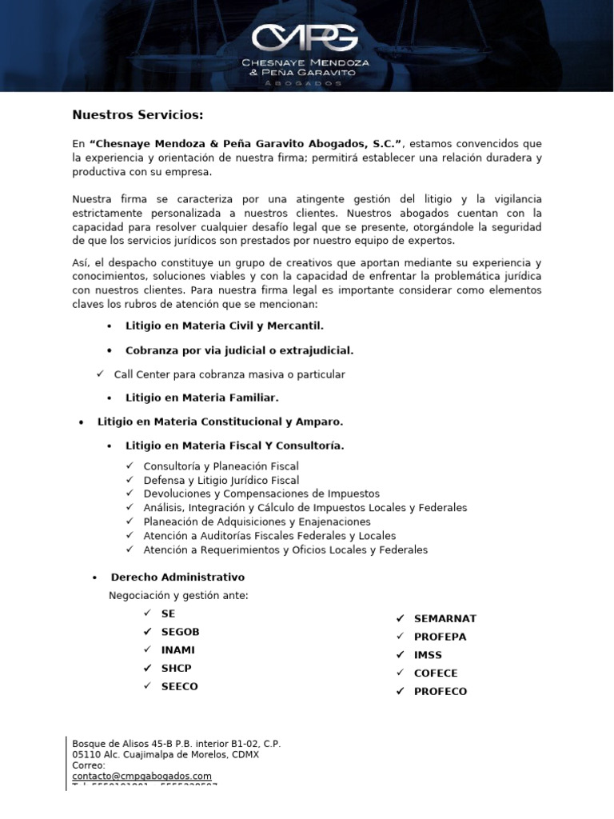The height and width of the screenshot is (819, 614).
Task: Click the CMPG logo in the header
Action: [306, 37]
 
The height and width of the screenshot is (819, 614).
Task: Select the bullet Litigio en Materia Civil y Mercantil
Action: [224, 326]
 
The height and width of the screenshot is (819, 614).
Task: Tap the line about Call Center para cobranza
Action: [229, 374]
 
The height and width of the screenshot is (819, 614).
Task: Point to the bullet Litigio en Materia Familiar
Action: [201, 397]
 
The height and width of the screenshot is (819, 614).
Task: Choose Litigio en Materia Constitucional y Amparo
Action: [220, 421]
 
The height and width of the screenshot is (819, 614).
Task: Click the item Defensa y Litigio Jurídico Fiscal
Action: [221, 481]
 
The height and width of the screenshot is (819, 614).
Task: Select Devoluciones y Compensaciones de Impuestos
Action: [261, 494]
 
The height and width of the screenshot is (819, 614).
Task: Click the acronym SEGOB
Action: [180, 632]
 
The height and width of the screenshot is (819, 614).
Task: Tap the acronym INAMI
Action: [177, 650]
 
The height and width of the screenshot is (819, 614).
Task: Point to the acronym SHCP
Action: [176, 668]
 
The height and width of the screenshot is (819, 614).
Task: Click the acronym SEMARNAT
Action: [445, 618]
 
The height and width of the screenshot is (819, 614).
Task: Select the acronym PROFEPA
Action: [440, 637]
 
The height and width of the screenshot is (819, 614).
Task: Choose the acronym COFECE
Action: [436, 673]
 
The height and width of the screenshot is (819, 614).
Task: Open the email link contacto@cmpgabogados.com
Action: [142, 776]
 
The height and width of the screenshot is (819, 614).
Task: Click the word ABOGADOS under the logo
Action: [306, 83]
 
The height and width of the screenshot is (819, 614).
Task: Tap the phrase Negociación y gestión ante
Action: [178, 595]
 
